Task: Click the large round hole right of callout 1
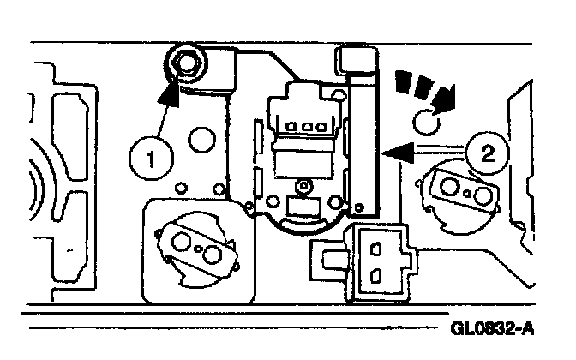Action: (x=201, y=139)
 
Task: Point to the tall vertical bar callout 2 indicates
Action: (x=367, y=146)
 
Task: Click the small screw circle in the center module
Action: (x=303, y=184)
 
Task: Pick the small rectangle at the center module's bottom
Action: (x=303, y=207)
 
